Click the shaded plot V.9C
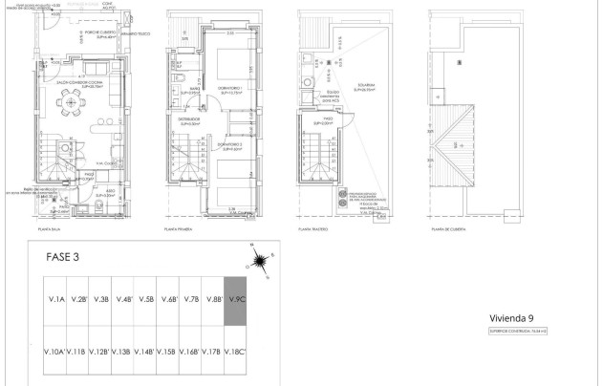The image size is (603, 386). click(x=236, y=300)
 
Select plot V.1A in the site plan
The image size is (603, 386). click(x=55, y=300)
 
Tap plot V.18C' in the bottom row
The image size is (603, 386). click(x=236, y=352)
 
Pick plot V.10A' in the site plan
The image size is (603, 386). click(x=55, y=352)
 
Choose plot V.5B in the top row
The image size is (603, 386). click(x=146, y=300)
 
